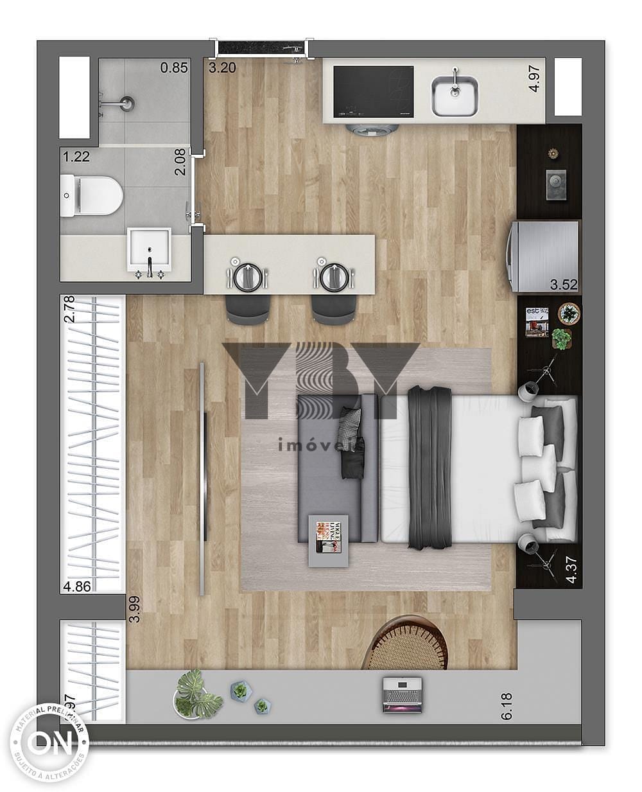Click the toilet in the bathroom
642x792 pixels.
coord(96,195)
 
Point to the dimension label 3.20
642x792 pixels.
coord(222,67)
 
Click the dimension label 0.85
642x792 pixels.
coord(173,67)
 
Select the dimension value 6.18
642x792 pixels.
coord(507,705)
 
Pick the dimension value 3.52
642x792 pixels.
coord(564,284)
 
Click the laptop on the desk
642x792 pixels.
coord(403,694)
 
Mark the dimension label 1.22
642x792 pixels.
coord(75,156)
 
